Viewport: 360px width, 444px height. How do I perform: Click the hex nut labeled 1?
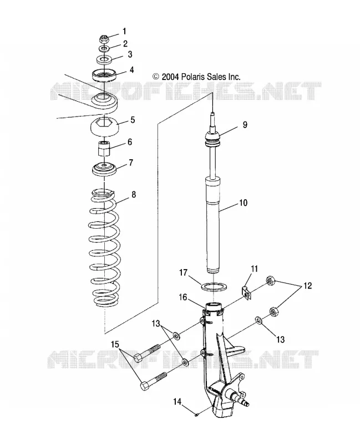[104, 38]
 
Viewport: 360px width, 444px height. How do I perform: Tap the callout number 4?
[131, 70]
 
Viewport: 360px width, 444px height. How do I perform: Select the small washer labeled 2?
[104, 49]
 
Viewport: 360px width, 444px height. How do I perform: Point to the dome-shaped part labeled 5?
[104, 127]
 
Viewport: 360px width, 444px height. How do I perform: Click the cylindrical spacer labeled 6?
[104, 148]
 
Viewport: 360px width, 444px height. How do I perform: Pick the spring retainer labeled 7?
[104, 170]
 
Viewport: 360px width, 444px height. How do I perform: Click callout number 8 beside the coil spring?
[134, 195]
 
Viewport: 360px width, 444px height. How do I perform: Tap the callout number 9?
[245, 124]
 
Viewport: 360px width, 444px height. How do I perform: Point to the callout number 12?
[308, 285]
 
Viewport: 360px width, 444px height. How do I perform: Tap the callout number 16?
[183, 297]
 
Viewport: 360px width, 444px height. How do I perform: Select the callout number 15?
[115, 344]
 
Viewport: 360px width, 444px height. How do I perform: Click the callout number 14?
[178, 401]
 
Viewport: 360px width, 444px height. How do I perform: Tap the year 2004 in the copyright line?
[170, 77]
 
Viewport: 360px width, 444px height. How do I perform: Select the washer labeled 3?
[104, 60]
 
